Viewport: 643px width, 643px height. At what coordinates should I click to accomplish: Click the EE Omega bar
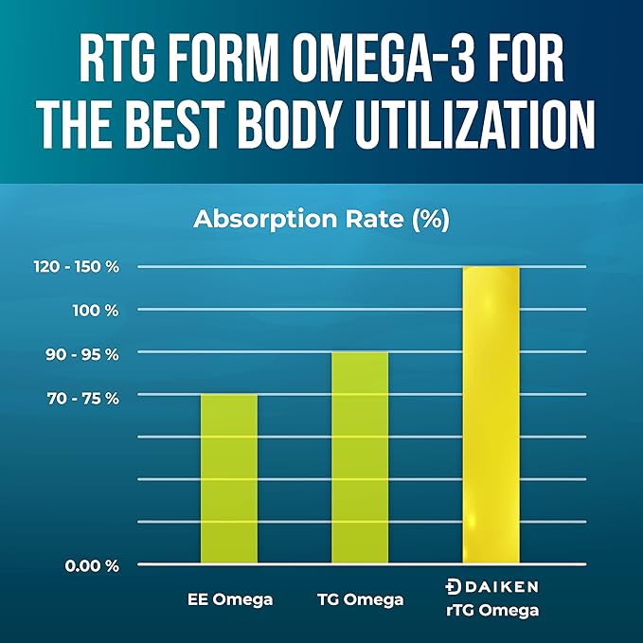coord(229,478)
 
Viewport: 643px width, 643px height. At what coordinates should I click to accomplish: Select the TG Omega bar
coord(360,457)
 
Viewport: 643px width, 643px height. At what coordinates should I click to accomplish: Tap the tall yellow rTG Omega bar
coord(491,415)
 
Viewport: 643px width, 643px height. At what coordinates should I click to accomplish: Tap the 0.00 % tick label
coord(91,565)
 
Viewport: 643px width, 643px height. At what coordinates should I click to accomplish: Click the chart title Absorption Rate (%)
coord(321,220)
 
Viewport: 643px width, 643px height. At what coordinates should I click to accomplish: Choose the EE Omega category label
coord(229,598)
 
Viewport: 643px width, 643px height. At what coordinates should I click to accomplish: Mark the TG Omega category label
coord(360,598)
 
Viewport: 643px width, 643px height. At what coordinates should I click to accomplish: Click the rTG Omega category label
coord(491,611)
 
